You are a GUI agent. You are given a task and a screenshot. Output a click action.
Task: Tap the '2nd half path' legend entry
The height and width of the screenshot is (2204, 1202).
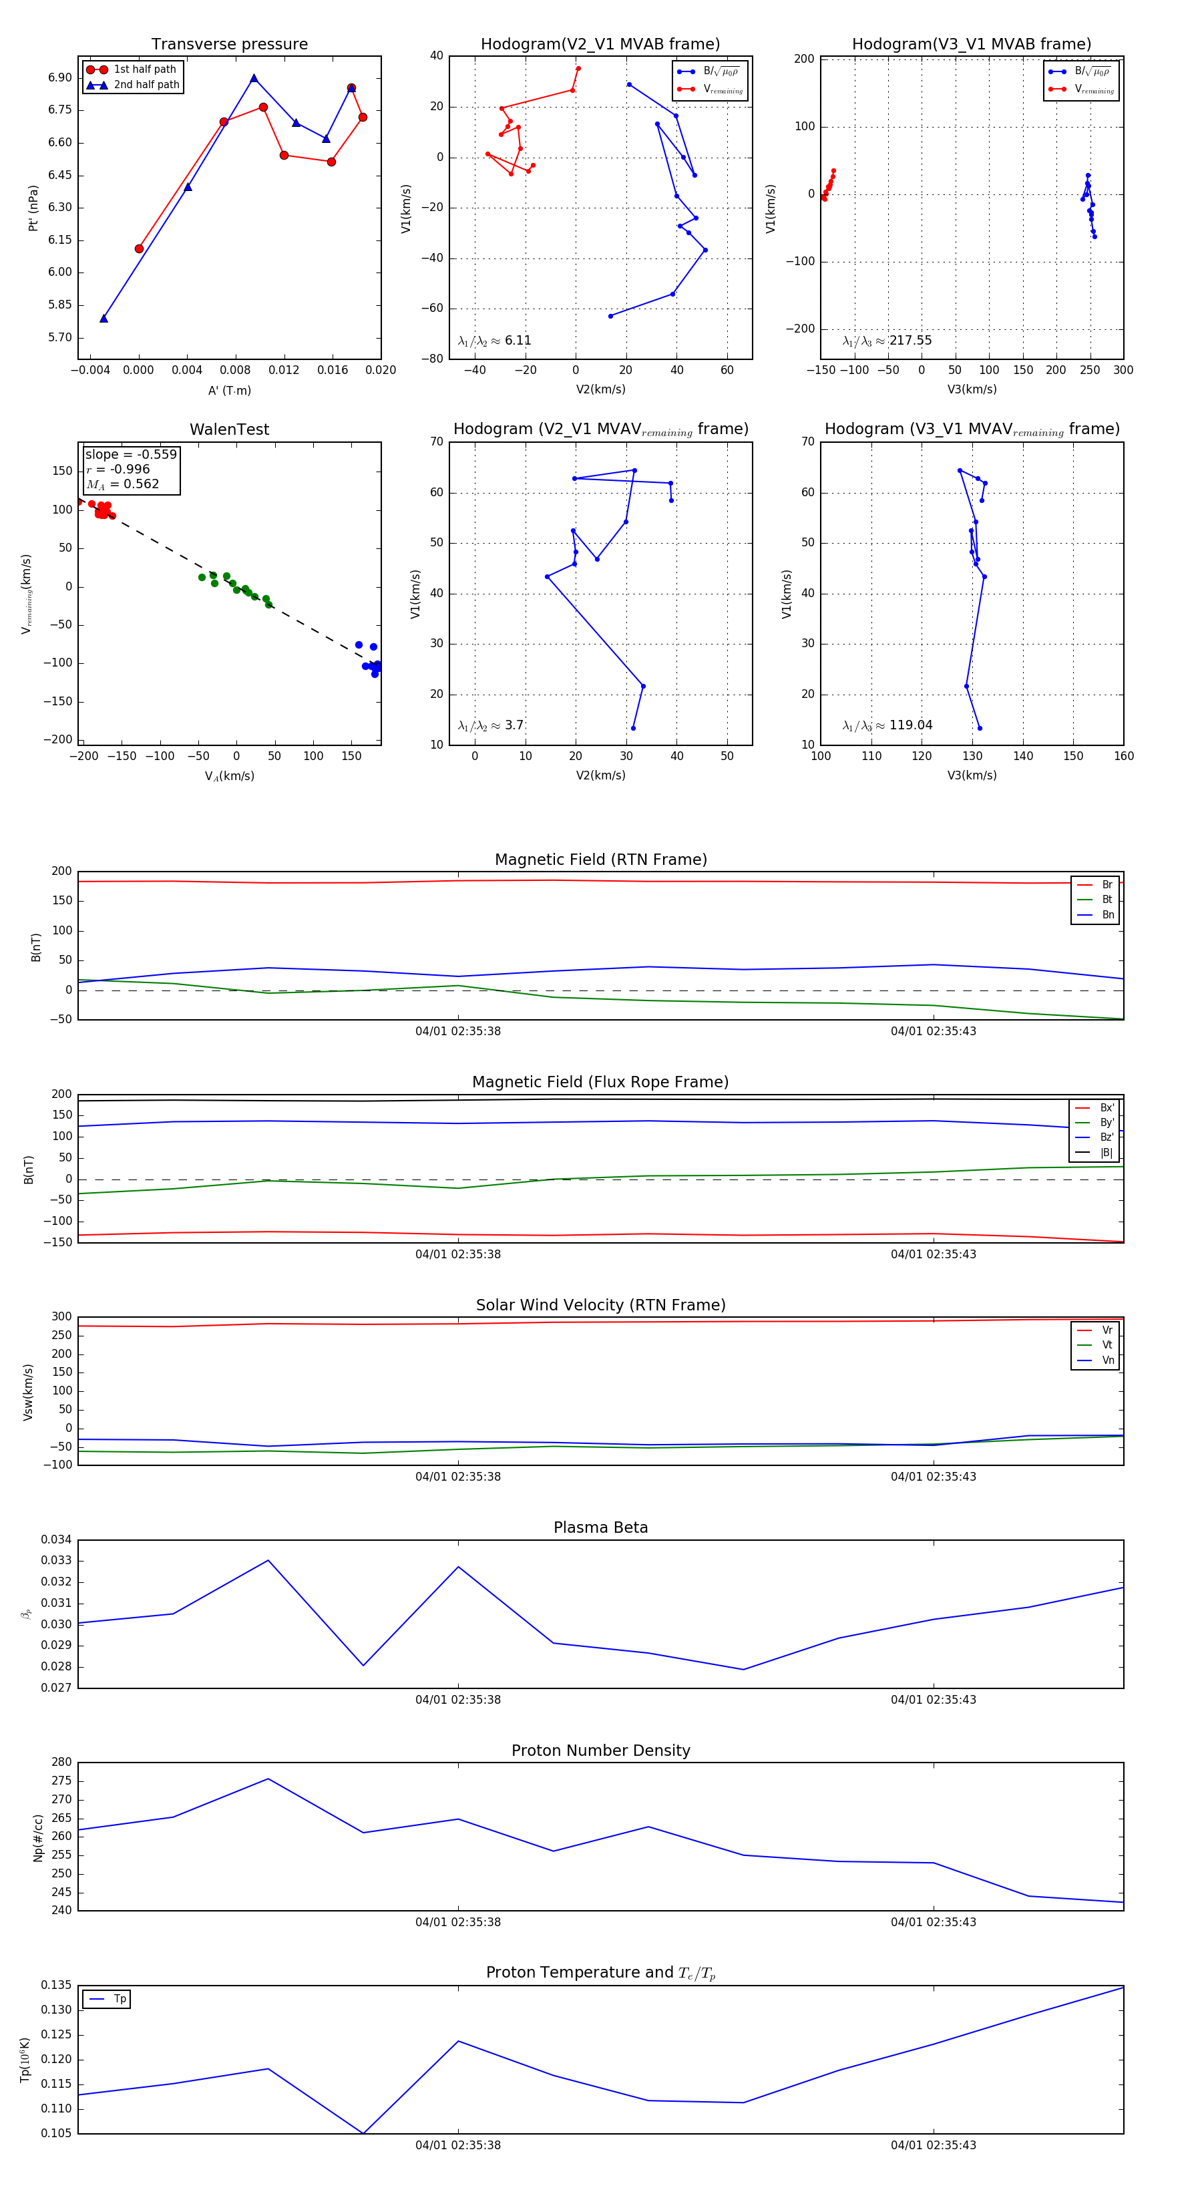click(x=146, y=85)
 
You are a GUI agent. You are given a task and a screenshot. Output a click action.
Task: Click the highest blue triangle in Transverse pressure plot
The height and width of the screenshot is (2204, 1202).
click(x=254, y=78)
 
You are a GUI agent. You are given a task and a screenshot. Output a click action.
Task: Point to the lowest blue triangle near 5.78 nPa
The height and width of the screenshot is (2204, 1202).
click(x=104, y=319)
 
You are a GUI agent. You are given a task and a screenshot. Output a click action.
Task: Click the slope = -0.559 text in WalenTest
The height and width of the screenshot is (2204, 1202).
click(x=131, y=454)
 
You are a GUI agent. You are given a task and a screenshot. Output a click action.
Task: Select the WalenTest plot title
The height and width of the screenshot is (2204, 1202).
click(x=229, y=429)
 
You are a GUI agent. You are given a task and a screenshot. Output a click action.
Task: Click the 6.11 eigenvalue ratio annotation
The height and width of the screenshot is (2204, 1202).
click(x=518, y=341)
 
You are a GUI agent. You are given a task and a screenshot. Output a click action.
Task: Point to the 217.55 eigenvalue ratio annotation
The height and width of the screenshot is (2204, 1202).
click(x=910, y=341)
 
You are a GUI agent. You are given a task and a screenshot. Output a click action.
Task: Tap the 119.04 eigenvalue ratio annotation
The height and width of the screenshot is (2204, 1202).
click(x=910, y=725)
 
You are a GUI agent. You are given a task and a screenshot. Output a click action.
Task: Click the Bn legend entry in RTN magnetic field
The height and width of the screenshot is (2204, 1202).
click(x=1107, y=914)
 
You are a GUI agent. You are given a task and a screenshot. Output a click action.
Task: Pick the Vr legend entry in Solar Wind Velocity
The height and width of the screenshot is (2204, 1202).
click(x=1107, y=1330)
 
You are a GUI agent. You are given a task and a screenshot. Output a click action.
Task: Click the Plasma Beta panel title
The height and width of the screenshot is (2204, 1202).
click(x=600, y=1528)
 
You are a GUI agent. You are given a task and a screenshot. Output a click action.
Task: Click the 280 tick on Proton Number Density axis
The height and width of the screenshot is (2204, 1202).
click(x=61, y=1763)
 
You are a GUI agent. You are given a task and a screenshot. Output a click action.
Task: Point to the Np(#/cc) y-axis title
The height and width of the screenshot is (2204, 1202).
click(x=37, y=1838)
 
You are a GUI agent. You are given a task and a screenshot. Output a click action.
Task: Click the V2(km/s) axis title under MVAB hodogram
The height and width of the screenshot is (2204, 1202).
click(x=600, y=390)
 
